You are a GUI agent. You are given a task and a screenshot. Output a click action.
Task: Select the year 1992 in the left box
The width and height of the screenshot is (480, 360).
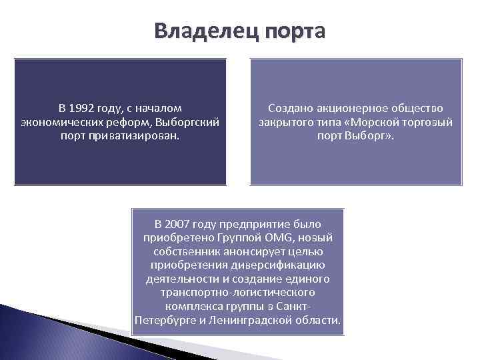[83, 108]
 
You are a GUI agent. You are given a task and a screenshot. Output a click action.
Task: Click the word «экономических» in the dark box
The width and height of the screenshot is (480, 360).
[55, 122]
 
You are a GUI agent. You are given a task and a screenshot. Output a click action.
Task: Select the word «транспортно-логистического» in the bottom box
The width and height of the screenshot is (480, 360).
[238, 293]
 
